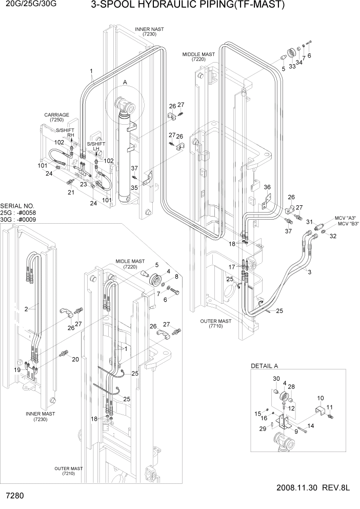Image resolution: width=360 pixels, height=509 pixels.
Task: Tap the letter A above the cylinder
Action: click(125, 82)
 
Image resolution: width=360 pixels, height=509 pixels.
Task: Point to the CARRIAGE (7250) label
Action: click(56, 117)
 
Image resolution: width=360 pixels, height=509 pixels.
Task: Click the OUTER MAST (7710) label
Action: click(216, 323)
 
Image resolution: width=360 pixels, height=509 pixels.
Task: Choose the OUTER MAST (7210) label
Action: click(68, 471)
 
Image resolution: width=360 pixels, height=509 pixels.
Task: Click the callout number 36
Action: click(267, 187)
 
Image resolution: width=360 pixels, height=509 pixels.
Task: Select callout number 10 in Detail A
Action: click(321, 398)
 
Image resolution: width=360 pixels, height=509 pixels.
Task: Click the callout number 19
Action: click(17, 369)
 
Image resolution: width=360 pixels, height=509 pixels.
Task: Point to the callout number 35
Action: click(134, 188)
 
